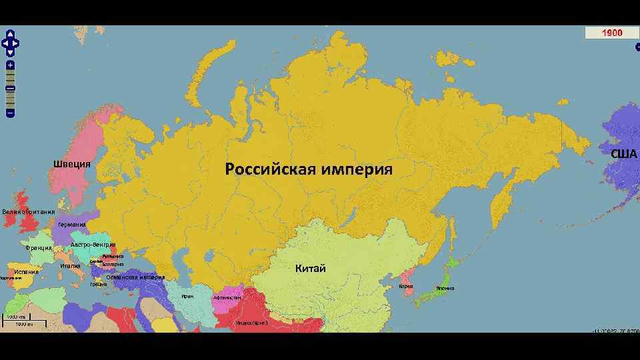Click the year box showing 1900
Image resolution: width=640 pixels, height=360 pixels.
tap(612, 33)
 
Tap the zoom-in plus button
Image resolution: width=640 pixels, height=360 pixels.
tap(10, 65)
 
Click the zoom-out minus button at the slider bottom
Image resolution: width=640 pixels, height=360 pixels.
tap(10, 113)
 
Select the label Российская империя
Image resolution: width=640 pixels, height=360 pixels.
tap(309, 169)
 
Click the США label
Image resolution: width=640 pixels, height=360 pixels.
tap(624, 154)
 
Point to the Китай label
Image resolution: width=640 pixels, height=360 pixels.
tap(311, 269)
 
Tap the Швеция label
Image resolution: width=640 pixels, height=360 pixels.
tap(72, 165)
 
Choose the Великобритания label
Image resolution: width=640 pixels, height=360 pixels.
tap(28, 212)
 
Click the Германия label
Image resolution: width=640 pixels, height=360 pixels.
tap(72, 225)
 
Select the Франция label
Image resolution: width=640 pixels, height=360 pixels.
tap(39, 248)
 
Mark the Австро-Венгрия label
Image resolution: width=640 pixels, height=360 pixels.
tap(93, 245)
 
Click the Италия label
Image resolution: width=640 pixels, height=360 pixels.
tap(70, 266)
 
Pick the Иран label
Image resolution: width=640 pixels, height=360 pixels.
tap(187, 295)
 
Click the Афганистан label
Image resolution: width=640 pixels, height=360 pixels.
tap(227, 297)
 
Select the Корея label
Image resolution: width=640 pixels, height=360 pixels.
tap(406, 287)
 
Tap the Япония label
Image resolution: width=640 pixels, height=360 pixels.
tap(445, 288)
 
